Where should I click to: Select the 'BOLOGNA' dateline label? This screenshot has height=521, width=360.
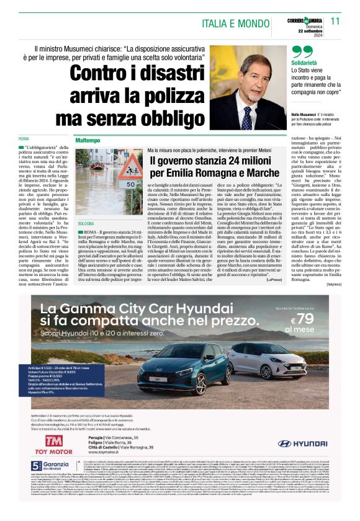[x=86, y=221]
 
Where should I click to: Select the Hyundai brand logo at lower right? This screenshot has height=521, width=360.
[x=305, y=461]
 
